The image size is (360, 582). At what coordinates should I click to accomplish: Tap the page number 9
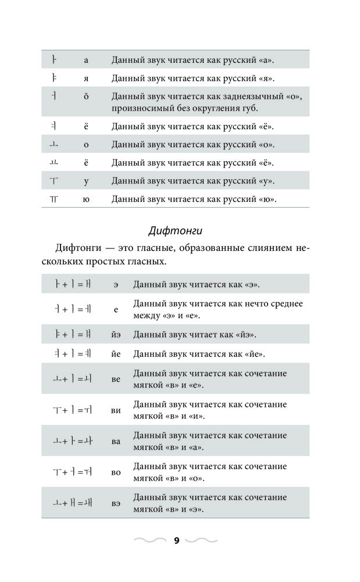pos(176,541)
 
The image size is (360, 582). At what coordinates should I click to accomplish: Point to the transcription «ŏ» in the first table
pos(86,96)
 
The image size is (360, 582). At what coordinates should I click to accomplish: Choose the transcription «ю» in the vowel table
pos(86,199)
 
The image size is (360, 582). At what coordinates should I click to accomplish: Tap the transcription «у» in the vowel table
pos(86,181)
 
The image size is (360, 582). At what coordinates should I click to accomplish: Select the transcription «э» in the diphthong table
pos(116,285)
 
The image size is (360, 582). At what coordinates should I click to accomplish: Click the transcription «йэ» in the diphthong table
pos(116,335)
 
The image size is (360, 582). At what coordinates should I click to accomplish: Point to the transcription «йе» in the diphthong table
pos(116,353)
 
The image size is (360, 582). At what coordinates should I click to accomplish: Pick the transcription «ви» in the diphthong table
pos(116,410)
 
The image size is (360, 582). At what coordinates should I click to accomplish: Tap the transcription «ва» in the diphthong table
pos(116,441)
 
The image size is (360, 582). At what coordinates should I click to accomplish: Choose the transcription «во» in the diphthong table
pos(116,472)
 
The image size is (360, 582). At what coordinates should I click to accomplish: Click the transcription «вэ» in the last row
pos(116,503)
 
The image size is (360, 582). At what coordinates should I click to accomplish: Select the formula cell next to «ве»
pos(70,379)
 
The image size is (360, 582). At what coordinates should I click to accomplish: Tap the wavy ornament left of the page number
pos(149,541)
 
